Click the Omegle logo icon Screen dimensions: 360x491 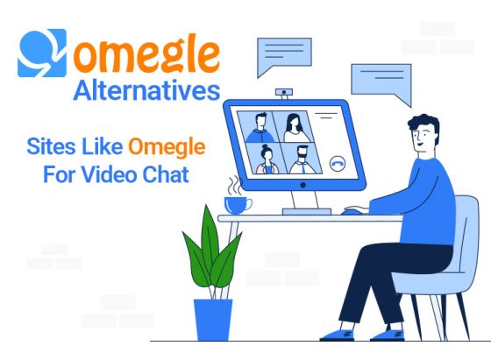pos(40,54)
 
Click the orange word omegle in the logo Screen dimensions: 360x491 pos(146,56)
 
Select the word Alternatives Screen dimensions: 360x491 pos(147,91)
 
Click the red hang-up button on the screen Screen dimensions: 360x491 pos(337,163)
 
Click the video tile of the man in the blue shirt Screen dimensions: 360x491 pos(259,128)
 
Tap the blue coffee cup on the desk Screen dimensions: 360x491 pos(236,204)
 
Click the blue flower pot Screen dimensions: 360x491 pos(208,319)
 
